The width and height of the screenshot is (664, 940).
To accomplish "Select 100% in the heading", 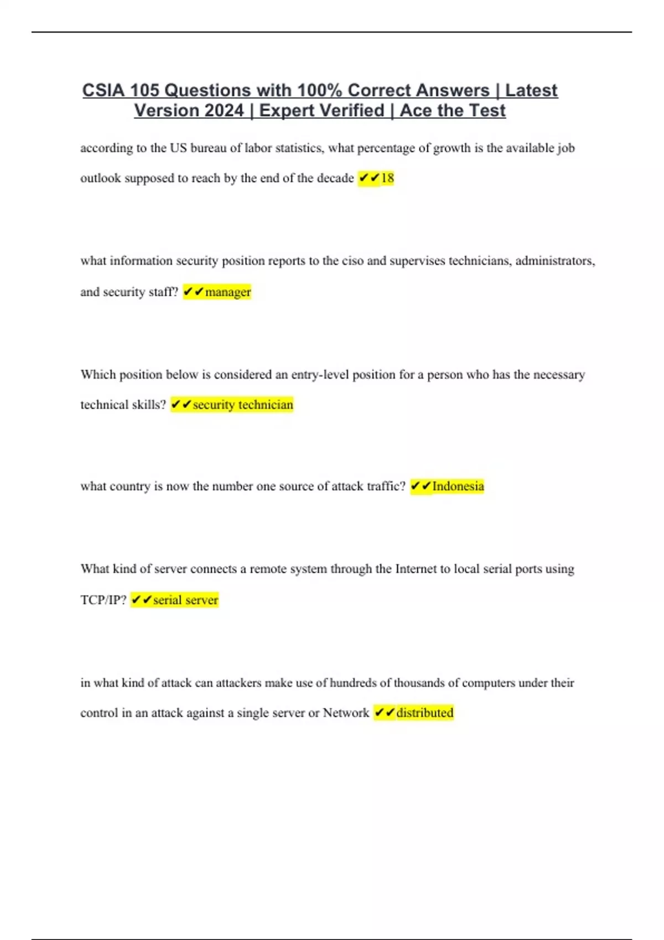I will coord(320,90).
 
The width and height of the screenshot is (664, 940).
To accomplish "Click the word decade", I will coord(335,178).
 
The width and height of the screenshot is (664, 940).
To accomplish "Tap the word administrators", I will coord(555,261).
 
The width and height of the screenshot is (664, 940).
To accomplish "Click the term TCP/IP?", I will coord(103,600).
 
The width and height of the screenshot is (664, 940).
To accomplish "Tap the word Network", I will coord(346,713).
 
